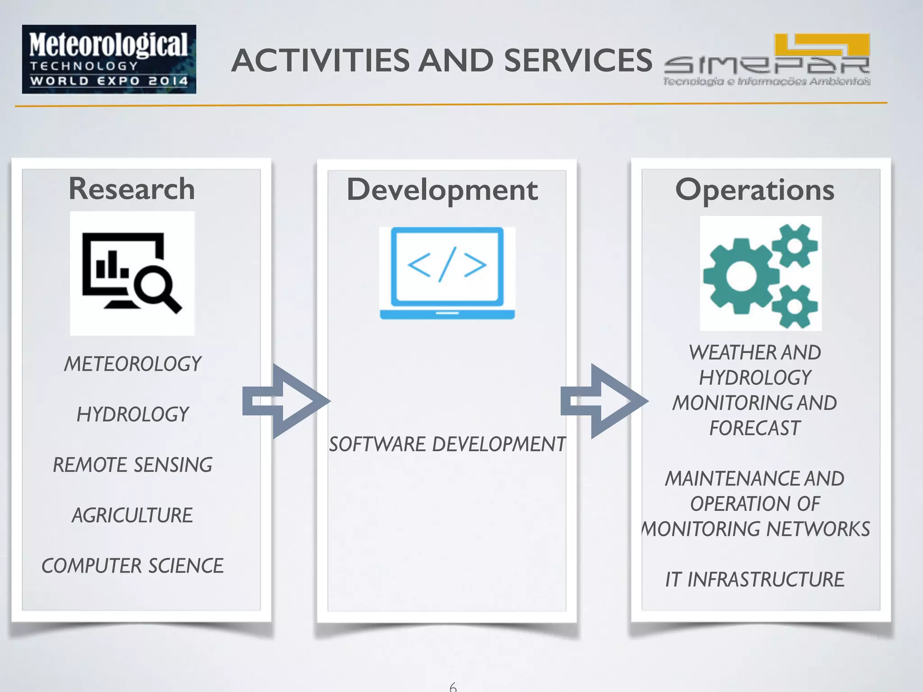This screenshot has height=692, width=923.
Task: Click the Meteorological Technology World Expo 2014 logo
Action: [x=109, y=59]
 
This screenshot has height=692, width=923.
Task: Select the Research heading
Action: [x=132, y=189]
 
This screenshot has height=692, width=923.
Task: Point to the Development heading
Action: [x=442, y=190]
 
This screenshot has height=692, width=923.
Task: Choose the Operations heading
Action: [x=754, y=190]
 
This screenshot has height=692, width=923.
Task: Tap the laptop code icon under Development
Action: [x=447, y=273]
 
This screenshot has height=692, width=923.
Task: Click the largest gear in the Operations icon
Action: [x=740, y=276]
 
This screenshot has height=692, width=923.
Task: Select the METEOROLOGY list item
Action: [x=133, y=364]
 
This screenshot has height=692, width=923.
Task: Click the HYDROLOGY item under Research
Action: [x=133, y=414]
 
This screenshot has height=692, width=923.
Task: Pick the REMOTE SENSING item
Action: [x=133, y=465]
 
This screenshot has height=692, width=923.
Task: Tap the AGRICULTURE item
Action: [x=133, y=515]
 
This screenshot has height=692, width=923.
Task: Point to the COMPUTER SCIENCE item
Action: [x=133, y=566]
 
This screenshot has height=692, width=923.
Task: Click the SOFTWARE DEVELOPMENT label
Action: [x=447, y=444]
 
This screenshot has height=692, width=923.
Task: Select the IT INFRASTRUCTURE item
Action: [x=754, y=579]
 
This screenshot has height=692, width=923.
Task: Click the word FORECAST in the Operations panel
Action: [x=755, y=428]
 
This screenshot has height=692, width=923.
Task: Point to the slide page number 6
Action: [x=453, y=687]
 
